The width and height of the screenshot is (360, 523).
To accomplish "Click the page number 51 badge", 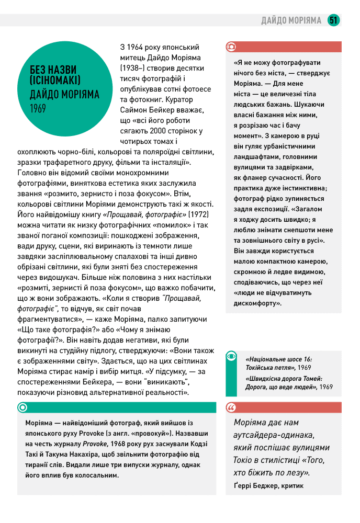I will pyautogui.click(x=333, y=20).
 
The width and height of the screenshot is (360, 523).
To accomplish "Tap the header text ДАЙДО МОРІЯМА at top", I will pyautogui.click(x=291, y=20).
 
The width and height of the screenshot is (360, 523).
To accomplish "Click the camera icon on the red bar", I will pyautogui.click(x=231, y=47).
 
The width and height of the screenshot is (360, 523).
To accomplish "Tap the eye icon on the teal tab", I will pyautogui.click(x=231, y=356).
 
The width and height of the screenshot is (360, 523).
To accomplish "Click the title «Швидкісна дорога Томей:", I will pyautogui.click(x=284, y=378).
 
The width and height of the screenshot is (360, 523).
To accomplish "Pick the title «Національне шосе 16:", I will pyautogui.click(x=278, y=359).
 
